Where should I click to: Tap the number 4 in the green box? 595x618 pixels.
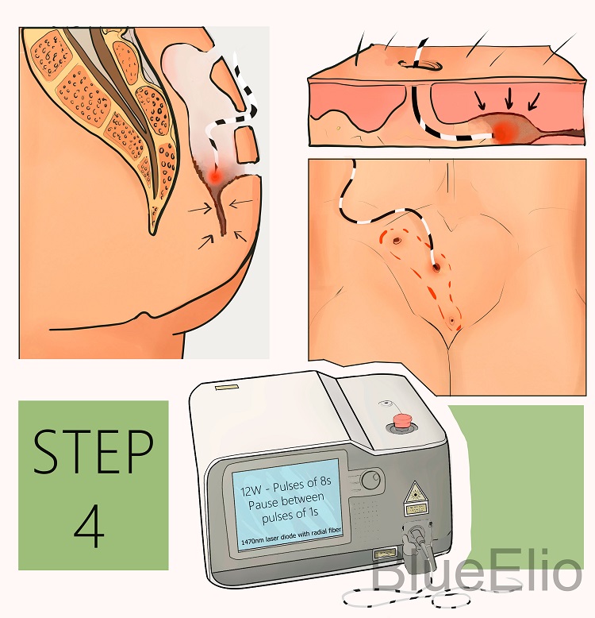(90, 526)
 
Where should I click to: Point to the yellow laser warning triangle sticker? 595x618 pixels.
(414, 492)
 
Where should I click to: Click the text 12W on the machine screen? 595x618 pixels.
(251, 490)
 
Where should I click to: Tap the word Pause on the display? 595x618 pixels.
(263, 504)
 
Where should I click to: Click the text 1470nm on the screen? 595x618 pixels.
(253, 541)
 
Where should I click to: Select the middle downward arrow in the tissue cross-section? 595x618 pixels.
(509, 98)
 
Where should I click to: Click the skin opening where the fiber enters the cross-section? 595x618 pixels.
(418, 64)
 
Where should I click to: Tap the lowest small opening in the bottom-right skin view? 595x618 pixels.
(451, 320)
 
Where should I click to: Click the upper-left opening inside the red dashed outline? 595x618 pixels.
(397, 240)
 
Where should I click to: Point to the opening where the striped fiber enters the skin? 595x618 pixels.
(436, 268)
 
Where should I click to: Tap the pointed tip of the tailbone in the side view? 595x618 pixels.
(152, 233)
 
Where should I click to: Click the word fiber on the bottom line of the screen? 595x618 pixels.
(335, 531)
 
